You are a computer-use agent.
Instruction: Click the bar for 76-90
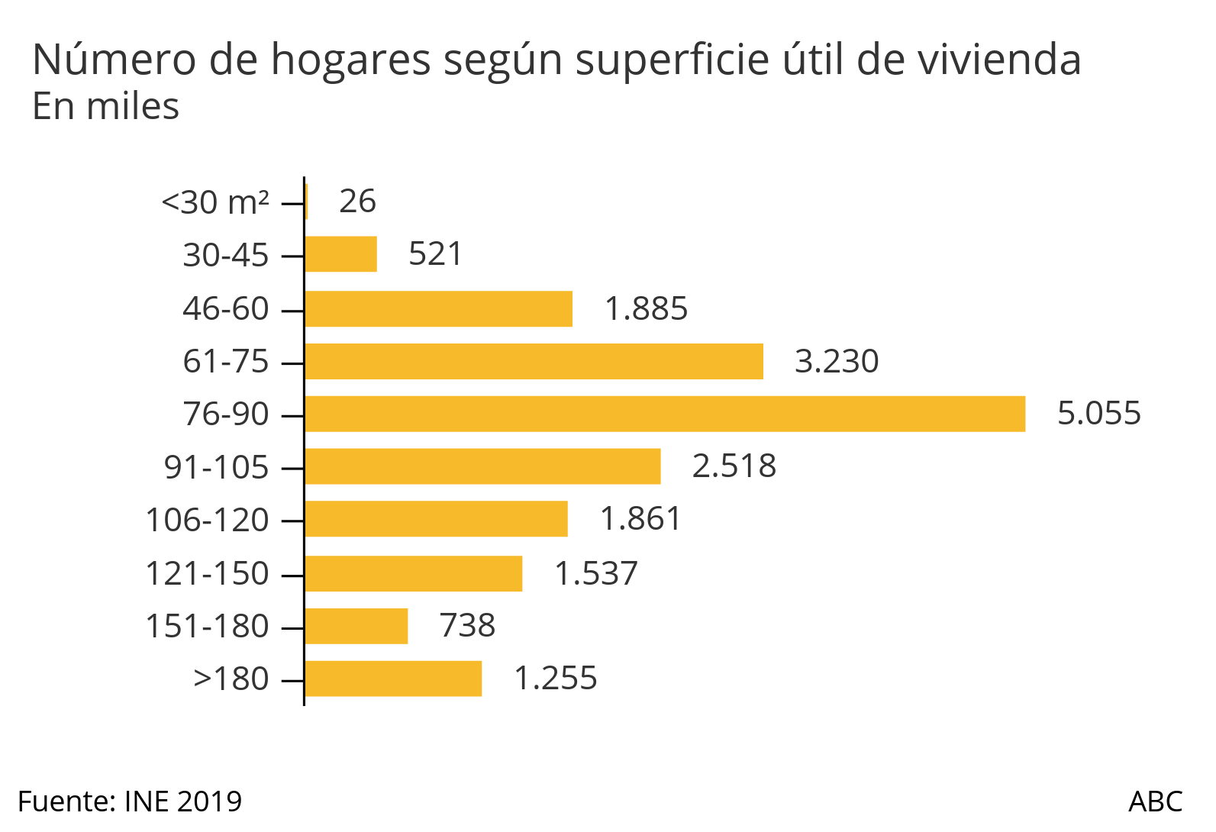pos(664,414)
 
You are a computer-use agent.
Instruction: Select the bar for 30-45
pos(340,254)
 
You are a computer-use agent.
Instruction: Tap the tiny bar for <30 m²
pos(306,202)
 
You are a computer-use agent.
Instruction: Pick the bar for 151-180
pos(356,626)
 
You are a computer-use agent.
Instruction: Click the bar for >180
pos(393,679)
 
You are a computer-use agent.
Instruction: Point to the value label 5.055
pos(1098,414)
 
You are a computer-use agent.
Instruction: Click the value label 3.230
pos(837,361)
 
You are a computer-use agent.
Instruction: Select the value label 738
pos(467,626)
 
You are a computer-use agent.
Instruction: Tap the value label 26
pos(357,202)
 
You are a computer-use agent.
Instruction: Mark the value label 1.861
pos(640,519)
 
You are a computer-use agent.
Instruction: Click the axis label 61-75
pos(226,361)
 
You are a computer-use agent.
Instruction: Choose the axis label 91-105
pos(217,467)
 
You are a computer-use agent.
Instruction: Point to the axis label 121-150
pos(208,573)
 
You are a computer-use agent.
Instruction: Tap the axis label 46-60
pos(226,308)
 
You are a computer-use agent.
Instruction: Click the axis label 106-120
pos(208,520)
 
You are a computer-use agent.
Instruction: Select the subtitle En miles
pos(105,107)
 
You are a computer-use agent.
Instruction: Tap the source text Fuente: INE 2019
pos(130,801)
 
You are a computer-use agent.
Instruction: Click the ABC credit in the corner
pos(1155,801)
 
